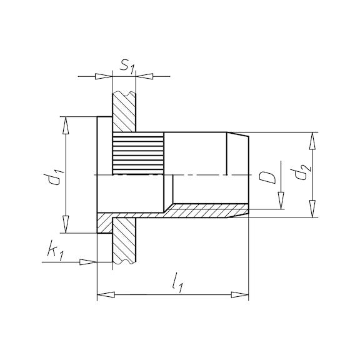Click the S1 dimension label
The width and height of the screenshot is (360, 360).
click(x=127, y=67)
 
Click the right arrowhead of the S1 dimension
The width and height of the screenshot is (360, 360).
click(x=144, y=76)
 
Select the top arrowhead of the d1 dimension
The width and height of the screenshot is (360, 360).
click(x=66, y=125)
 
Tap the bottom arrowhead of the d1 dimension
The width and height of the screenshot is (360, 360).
click(x=66, y=224)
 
